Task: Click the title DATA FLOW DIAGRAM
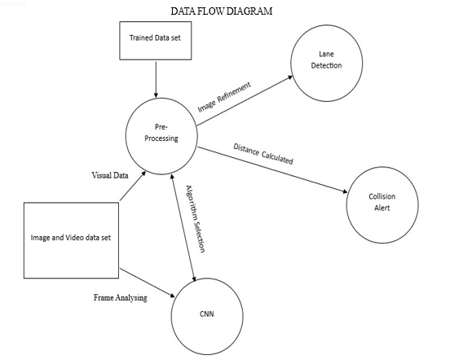[x=222, y=11]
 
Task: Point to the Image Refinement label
[x=224, y=97]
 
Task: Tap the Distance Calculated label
[x=263, y=154]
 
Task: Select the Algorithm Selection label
[x=196, y=219]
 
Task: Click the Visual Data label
[x=110, y=175]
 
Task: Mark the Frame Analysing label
[x=121, y=298]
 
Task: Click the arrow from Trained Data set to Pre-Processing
[x=156, y=79]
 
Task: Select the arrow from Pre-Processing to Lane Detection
[x=245, y=101]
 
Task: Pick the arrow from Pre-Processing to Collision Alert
[x=272, y=170]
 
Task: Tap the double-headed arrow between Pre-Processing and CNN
[x=183, y=228]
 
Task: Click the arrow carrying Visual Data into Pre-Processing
[x=133, y=186]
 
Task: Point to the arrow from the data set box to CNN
[x=148, y=283]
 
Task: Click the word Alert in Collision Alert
[x=382, y=208]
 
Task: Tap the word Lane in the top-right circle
[x=326, y=54]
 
